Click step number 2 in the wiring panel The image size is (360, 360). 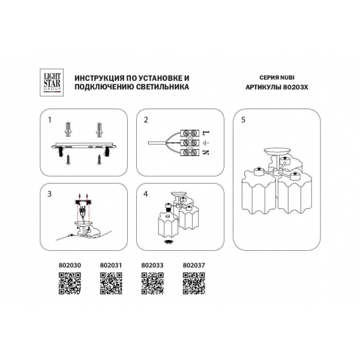146,120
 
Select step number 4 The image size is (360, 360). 146,194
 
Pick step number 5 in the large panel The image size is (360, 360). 243,120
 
